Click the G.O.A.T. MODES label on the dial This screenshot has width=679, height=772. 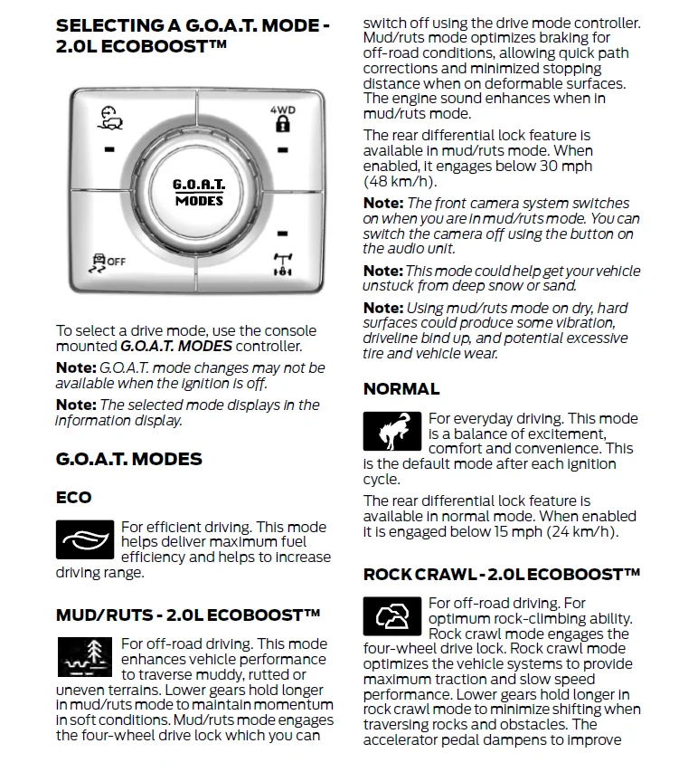coord(199,192)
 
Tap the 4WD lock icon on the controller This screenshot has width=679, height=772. coord(282,120)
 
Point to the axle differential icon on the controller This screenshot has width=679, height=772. coord(282,263)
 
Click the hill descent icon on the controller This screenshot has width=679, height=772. coord(109,119)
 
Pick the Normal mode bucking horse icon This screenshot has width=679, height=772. coord(391,431)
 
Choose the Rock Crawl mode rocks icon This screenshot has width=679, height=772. coord(391,616)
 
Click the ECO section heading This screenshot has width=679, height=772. coord(74,497)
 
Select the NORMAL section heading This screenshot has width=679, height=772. coord(401,389)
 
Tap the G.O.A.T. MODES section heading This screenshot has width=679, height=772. coord(128,459)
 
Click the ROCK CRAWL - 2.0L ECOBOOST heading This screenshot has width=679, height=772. coord(502,574)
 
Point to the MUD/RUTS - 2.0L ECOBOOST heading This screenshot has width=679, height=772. coord(188,615)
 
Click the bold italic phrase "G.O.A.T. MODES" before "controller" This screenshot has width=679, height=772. coord(176,346)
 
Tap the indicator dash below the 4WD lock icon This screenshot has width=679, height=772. coord(282,149)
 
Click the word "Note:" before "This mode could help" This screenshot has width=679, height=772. coord(382,271)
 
